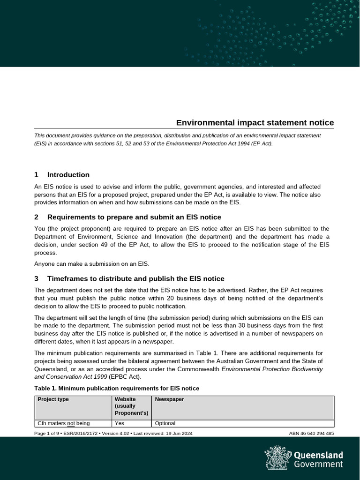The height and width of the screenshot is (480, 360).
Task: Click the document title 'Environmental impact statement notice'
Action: pos(255,123)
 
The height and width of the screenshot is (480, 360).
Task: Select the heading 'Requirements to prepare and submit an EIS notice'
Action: pos(134,217)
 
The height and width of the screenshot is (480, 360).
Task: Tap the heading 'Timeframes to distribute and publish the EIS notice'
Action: pos(135,278)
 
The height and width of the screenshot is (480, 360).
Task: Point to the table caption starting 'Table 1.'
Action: pos(117,388)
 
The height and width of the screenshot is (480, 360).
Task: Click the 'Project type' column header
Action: pos(53,399)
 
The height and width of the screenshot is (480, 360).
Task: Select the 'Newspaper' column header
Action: pos(169,399)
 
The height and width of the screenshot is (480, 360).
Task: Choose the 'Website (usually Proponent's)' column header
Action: pos(131,406)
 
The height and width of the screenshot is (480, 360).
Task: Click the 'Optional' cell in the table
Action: pos(165,423)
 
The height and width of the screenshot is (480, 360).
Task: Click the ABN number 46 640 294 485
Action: pos(312,433)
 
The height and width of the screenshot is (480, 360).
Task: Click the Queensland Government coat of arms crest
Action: pos(277,457)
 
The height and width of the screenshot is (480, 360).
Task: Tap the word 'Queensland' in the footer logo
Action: pos(318,455)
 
